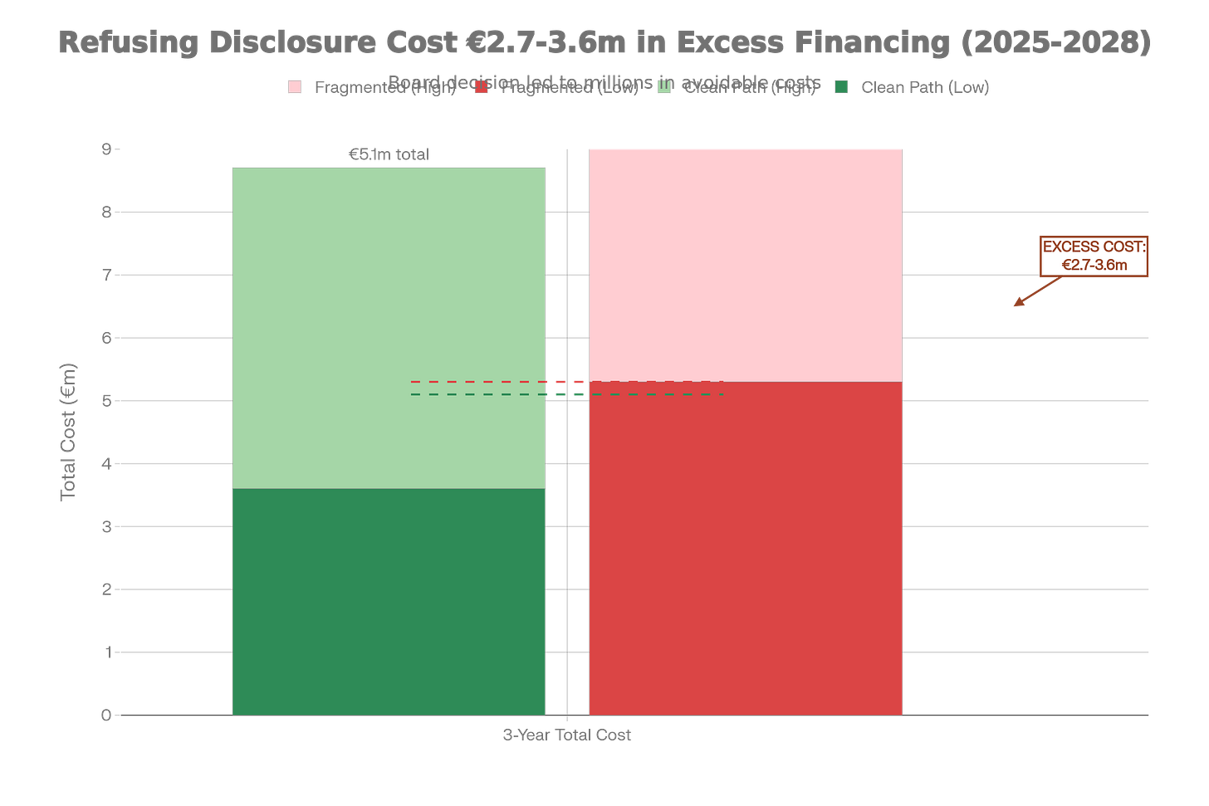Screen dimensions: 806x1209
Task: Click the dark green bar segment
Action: (389, 601)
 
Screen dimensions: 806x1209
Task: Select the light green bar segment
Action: (389, 328)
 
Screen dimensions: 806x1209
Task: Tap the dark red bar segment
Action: (745, 548)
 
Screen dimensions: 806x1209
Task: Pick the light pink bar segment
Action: (745, 264)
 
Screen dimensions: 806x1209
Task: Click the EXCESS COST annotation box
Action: (1094, 256)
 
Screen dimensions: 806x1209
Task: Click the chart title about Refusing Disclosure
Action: (604, 42)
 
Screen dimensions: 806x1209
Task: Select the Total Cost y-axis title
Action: (68, 432)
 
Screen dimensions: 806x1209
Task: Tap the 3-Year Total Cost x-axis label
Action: (566, 735)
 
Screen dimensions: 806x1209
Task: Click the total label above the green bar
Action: (389, 154)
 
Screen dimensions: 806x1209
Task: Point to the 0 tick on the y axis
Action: (105, 715)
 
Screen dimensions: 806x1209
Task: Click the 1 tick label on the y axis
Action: (106, 652)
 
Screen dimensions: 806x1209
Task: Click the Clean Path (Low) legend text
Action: (924, 87)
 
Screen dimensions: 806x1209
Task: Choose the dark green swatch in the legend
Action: (840, 86)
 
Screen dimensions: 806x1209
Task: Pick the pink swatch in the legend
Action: (295, 86)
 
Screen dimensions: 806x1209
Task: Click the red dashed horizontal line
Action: (482, 382)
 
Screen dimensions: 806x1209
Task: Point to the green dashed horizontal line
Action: (482, 394)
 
